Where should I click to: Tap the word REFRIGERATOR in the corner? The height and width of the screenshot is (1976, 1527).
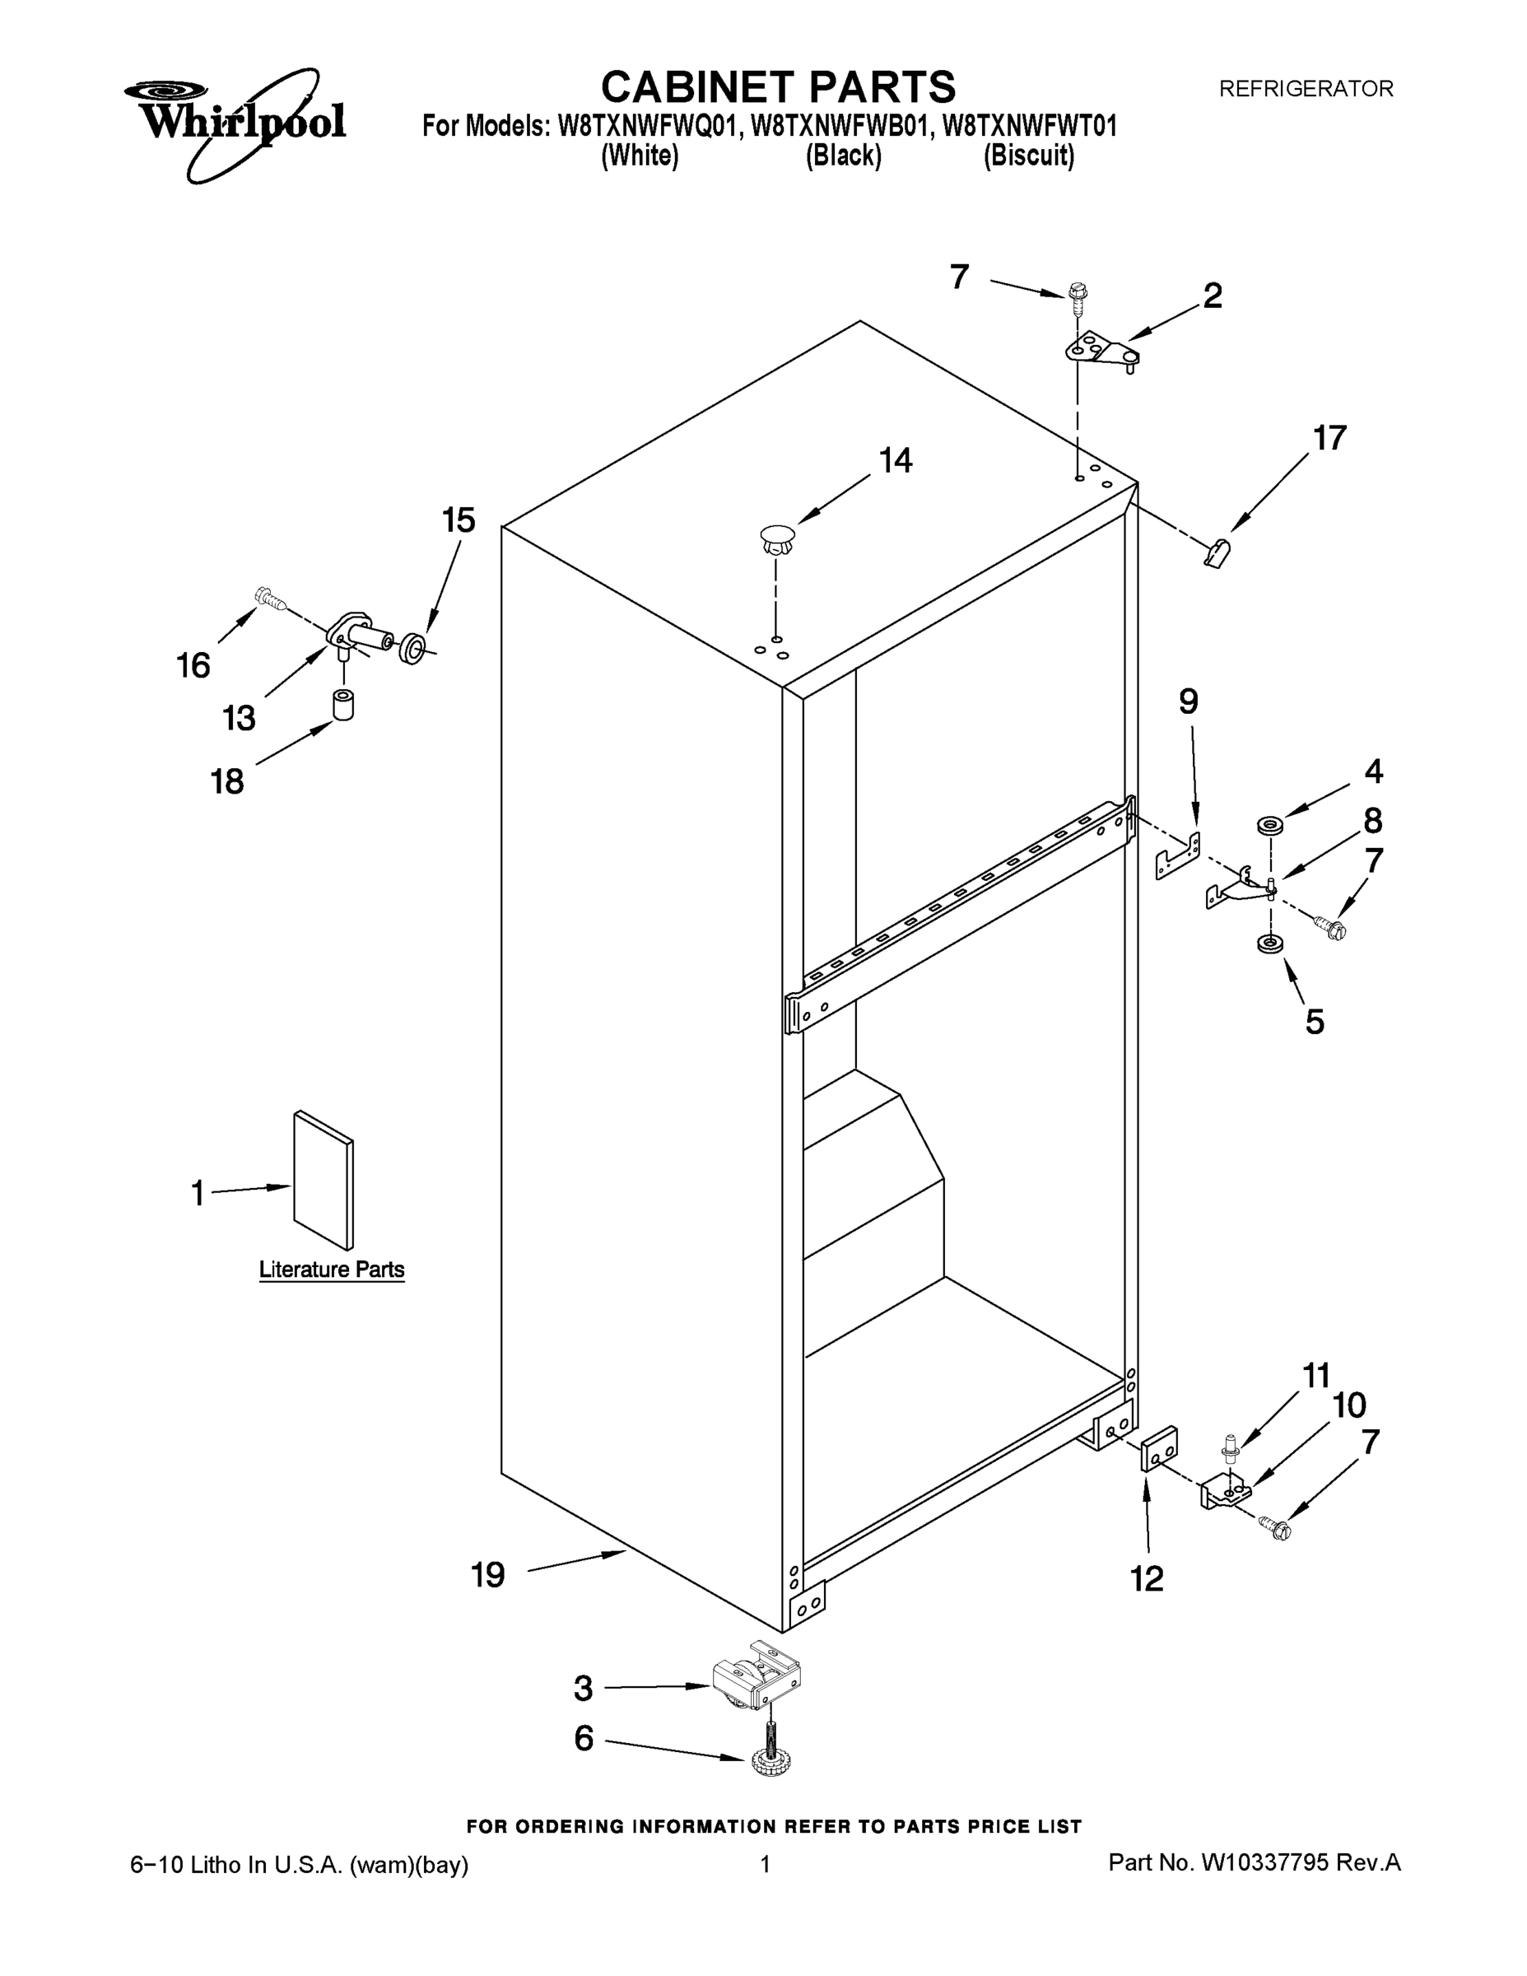[1306, 89]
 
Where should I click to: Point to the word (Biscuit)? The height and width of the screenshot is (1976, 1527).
[1028, 156]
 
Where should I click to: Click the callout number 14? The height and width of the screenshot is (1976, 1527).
[896, 460]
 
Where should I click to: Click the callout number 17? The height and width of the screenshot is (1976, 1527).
[1329, 438]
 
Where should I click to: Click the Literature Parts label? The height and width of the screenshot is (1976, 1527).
[331, 1270]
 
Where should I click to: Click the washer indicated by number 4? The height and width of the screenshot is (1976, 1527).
[1270, 825]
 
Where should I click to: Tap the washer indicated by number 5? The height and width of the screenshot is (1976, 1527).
[1269, 944]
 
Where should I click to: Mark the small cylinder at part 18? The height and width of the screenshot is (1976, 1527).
[342, 705]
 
